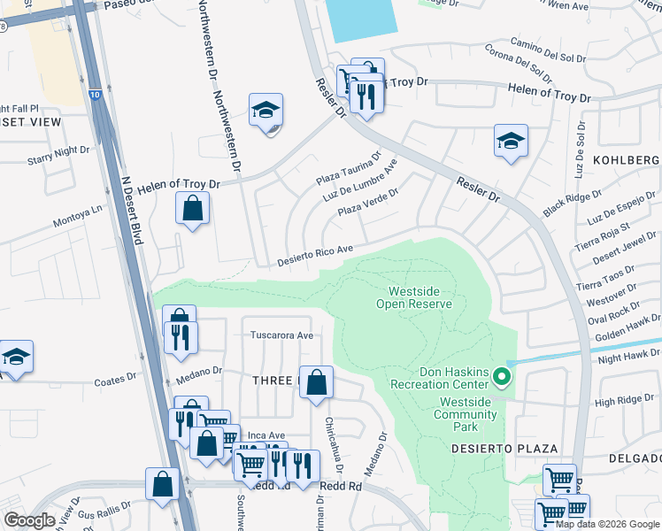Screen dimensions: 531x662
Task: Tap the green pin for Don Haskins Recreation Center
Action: (502, 378)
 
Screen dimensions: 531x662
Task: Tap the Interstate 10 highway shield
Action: (95, 93)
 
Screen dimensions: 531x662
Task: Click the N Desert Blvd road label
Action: (135, 208)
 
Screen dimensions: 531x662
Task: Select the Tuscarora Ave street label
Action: (281, 335)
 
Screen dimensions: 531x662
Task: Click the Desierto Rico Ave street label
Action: (315, 257)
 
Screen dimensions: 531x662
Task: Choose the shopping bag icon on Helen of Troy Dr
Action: (193, 210)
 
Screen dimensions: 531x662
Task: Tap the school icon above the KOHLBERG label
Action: (511, 141)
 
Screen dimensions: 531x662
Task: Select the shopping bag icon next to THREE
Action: (316, 383)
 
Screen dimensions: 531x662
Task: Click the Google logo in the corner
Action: (29, 519)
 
